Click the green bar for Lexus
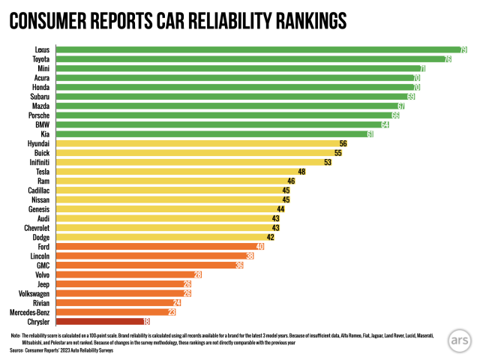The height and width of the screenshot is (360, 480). pyautogui.click(x=255, y=49)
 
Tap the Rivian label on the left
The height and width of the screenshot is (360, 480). pyautogui.click(x=39, y=302)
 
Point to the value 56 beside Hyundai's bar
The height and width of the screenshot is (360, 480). pyautogui.click(x=343, y=143)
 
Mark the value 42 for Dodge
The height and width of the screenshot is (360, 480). pyautogui.click(x=270, y=237)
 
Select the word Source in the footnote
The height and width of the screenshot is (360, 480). pyautogui.click(x=16, y=350)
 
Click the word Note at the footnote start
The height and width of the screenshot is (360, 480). pyautogui.click(x=16, y=335)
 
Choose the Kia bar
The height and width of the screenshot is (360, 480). pyautogui.click(x=210, y=134)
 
